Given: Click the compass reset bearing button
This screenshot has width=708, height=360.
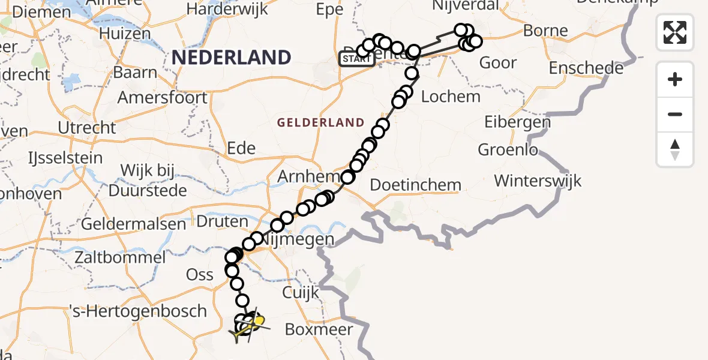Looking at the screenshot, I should coord(675,149).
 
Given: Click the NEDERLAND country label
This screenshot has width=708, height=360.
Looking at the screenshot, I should coord(232,58).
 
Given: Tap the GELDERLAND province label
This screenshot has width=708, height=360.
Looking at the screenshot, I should coord(320,122).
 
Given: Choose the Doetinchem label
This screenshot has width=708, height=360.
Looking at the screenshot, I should coord(415,185).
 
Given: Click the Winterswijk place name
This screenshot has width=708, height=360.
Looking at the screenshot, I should coord(538,180).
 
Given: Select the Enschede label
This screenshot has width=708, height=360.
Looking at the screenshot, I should coord(586,68).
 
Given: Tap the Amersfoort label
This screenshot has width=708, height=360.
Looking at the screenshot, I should coord(163,97).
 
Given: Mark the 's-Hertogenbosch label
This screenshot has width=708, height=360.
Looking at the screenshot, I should coord(138,311).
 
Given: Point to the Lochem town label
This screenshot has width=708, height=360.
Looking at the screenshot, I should coord(451,96).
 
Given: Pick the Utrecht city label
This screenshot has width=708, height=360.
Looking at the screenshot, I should coord(87,127).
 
